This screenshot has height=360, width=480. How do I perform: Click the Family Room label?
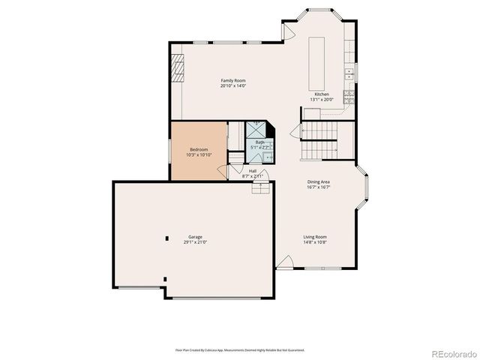pos(232,80)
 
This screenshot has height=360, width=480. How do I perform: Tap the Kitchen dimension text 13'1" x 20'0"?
pos(321,100)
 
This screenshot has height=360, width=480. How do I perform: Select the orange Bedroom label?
pos(199,150)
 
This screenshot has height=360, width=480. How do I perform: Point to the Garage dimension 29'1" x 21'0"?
pos(195,242)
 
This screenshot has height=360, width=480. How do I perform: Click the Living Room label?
pos(315,237)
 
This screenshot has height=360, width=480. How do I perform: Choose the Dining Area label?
pos(319,181)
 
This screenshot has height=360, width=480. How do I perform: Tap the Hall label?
pos(253,171)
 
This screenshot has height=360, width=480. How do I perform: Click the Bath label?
pos(259,142)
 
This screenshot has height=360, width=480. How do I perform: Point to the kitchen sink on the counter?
pos(349,73)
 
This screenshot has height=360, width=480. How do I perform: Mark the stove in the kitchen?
pos(349,96)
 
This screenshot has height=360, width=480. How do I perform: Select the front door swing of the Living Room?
pos(284,262)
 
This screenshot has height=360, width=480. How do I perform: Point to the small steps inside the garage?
pos(259,188)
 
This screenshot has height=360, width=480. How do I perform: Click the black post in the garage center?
pos(166,238)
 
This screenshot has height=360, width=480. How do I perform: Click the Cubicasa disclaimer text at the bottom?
pos(240,349)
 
